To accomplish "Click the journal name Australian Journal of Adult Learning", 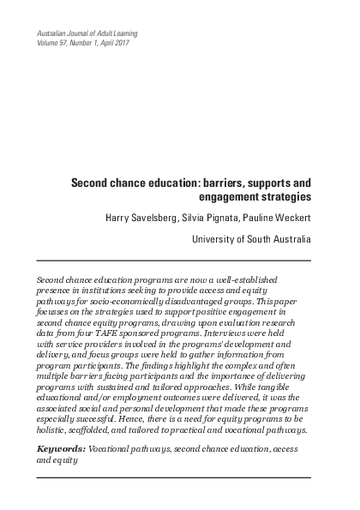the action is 83,32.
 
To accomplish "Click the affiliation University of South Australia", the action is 250,239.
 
